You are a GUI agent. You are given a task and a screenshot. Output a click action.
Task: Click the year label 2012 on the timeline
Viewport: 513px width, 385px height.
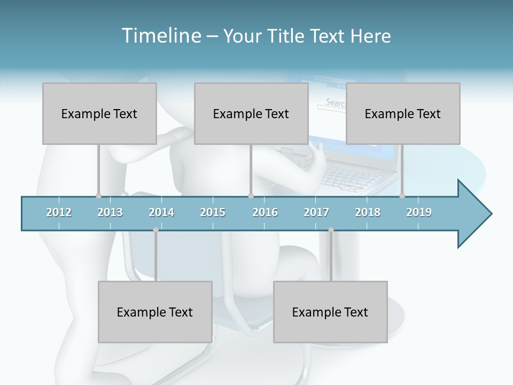pos(59,212)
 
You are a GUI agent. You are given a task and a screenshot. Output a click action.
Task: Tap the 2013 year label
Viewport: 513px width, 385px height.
pos(110,212)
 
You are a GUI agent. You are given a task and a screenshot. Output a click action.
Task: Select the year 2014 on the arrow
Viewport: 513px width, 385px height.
pos(161,212)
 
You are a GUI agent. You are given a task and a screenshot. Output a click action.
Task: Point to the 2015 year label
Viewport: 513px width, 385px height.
pos(213,212)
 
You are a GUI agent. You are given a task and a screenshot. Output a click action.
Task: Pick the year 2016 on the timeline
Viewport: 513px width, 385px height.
pos(265,212)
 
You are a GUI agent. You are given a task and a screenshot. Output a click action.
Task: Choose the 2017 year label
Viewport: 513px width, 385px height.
pos(316,212)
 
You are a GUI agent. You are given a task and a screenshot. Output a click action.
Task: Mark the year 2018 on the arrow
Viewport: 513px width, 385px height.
pos(368,212)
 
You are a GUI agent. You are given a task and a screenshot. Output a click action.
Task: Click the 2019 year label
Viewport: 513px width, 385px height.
pos(419,212)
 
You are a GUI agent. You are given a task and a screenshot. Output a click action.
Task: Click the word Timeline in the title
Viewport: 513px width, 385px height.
pos(161,36)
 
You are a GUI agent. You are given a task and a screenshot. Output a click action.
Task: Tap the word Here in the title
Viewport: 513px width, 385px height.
pos(371,36)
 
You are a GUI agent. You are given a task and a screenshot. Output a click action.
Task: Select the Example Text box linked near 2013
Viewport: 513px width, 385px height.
pos(99,113)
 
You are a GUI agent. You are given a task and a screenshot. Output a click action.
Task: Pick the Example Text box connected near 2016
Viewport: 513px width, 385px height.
pos(251,113)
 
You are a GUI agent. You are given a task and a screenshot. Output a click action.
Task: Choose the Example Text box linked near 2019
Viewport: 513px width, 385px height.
pos(403,113)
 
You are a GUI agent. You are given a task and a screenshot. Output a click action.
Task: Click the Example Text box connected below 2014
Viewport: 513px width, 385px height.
pos(155,312)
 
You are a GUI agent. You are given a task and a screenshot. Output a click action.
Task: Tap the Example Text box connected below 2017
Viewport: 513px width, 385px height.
pos(330,312)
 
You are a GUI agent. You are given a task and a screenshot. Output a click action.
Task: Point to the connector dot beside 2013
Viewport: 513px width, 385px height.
pos(98,196)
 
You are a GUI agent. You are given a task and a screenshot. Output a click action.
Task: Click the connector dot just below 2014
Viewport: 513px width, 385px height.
pos(156,230)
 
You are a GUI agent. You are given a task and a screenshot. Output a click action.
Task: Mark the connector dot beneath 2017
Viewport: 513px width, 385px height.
pos(331,230)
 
